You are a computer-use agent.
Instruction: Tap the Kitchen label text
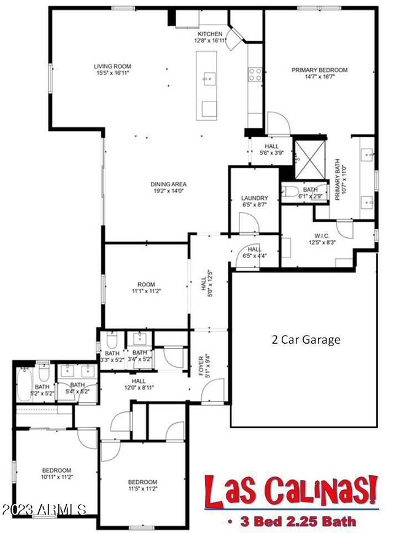(209, 36)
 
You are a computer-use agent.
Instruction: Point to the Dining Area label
(168, 188)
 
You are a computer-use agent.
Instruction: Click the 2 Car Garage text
(306, 339)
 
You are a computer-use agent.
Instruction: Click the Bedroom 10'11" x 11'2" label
(56, 473)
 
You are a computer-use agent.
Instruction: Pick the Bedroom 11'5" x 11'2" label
(142, 485)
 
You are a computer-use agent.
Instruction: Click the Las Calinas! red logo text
(290, 491)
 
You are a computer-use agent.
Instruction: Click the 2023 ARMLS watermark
(43, 510)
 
